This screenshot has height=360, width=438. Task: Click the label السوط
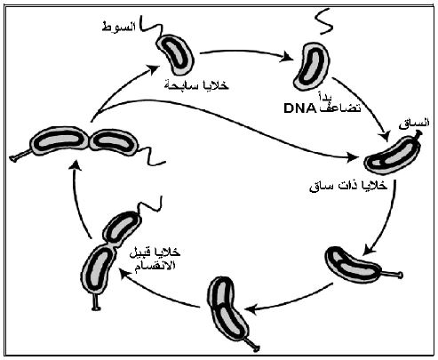[118, 27]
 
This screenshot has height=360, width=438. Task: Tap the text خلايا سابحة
[196, 85]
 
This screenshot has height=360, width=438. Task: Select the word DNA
[299, 108]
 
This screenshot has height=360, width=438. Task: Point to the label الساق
[414, 124]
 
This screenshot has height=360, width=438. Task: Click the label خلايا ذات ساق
[348, 186]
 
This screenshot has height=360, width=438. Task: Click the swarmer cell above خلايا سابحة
[175, 55]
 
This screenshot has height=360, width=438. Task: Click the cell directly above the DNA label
[311, 66]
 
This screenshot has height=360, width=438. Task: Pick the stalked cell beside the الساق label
[393, 155]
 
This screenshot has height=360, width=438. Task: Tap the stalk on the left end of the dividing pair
[20, 156]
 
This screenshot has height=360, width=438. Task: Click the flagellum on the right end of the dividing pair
[151, 156]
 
